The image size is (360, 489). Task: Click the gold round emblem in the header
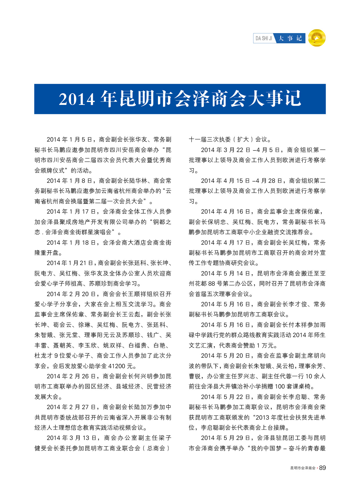point(317,38)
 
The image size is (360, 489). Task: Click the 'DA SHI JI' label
point(264,38)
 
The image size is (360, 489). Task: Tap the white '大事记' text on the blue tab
point(290,38)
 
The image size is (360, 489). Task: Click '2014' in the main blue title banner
point(77,99)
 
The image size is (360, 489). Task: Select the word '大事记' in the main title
point(275,99)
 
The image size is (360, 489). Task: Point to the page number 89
point(322,468)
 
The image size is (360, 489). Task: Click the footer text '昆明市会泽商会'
point(303,468)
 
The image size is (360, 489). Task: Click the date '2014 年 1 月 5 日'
point(69,140)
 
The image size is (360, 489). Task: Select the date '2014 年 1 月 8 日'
point(69,181)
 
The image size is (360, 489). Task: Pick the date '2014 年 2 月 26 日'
point(71,376)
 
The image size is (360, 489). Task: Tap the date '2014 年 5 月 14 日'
point(226,273)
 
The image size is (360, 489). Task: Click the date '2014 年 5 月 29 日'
point(226,438)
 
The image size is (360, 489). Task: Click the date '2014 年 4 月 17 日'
point(226,243)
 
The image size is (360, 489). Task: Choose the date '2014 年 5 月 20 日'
point(226,356)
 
